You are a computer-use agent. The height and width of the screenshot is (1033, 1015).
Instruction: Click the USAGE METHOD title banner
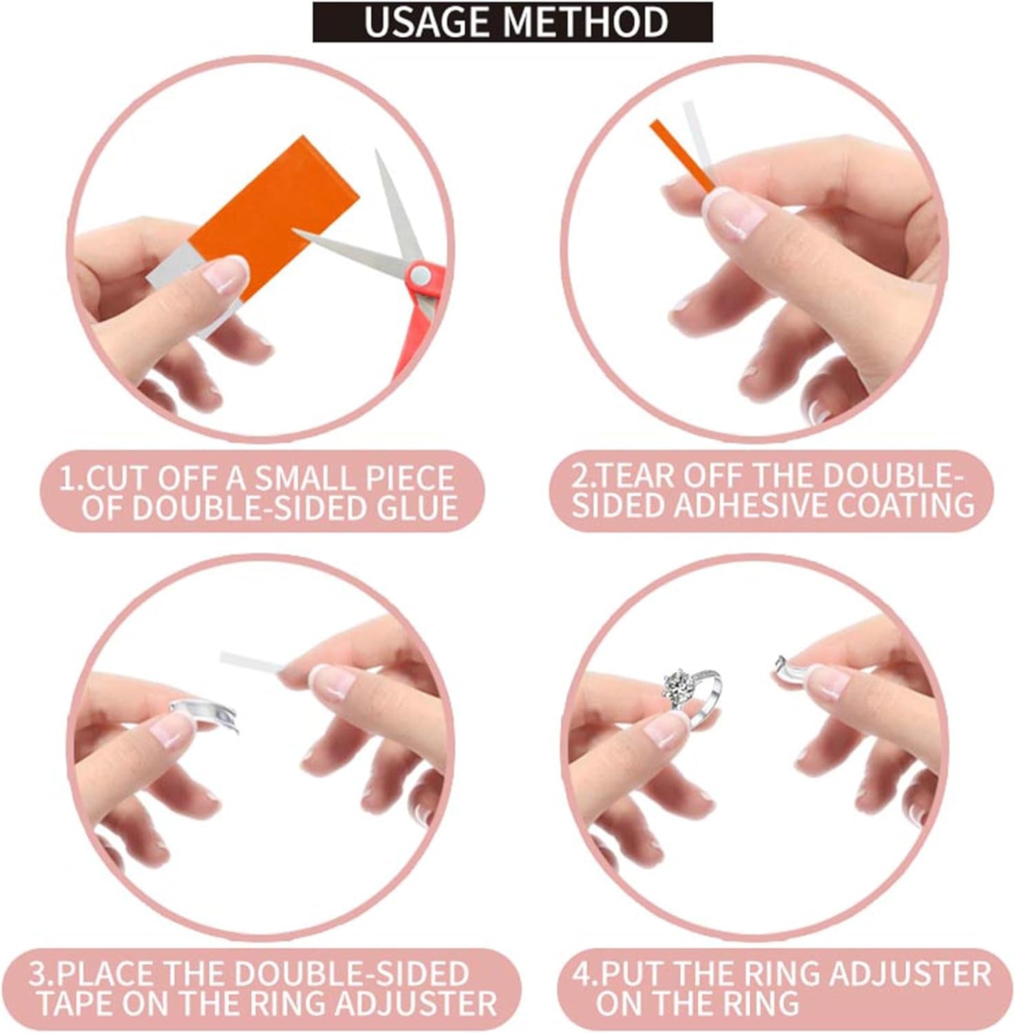coord(512,22)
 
